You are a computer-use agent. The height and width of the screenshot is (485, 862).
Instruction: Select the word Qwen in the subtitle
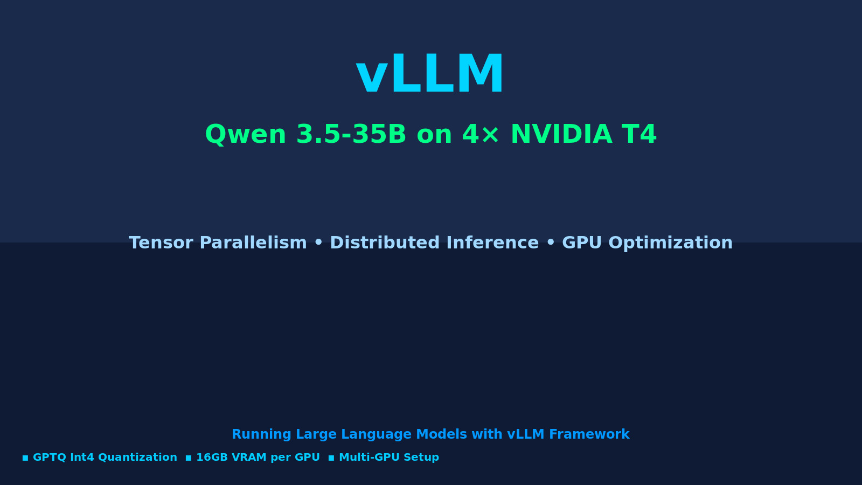[x=245, y=135]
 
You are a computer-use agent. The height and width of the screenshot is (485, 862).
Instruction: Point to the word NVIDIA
[x=561, y=135]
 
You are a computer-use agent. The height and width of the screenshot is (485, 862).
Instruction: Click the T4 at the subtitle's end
[x=639, y=135]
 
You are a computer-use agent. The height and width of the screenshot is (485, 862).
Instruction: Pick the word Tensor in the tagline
[x=161, y=243]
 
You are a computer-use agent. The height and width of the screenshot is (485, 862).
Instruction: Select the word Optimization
[x=671, y=243]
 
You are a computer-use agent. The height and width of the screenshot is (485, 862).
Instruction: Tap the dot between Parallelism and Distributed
[x=318, y=244]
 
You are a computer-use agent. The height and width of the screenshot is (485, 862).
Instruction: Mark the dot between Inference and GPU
[x=551, y=244]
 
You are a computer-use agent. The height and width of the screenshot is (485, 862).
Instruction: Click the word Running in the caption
[x=261, y=434]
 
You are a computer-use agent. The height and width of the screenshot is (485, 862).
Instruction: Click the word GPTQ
[x=49, y=458]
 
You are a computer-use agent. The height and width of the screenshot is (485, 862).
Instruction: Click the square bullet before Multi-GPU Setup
[x=331, y=458]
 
